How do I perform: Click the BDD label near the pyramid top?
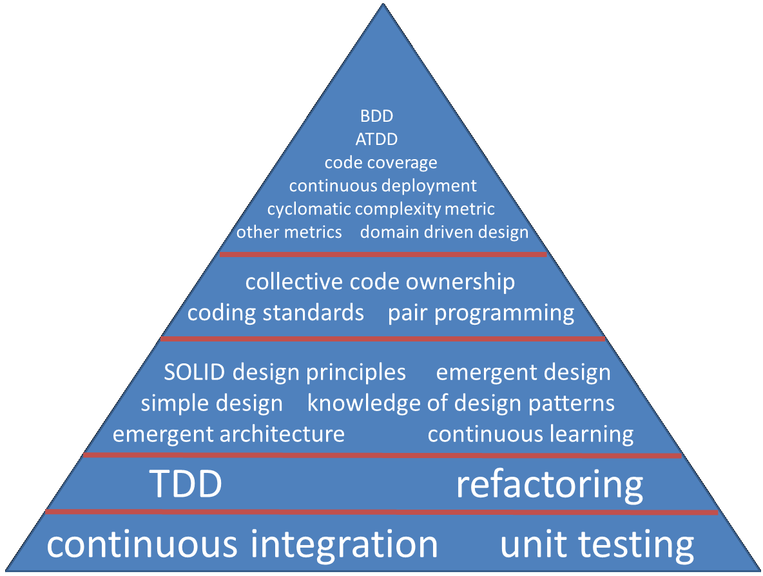[x=376, y=117]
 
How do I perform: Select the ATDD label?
[x=376, y=139]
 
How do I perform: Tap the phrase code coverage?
[x=381, y=163]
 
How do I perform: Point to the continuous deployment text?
[x=383, y=186]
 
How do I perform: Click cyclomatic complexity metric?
[x=381, y=209]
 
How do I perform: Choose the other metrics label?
[x=289, y=232]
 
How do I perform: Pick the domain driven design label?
[x=444, y=232]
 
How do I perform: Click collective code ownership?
[x=380, y=282]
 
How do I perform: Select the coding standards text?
[x=276, y=313]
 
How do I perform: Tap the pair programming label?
[x=481, y=313]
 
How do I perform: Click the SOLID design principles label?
[x=285, y=372]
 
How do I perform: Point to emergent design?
[x=523, y=372]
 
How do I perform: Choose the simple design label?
[x=211, y=404]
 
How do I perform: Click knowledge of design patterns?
[x=461, y=404]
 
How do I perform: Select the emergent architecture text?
[x=229, y=434]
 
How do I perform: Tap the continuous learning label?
[x=530, y=434]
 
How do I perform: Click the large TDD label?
[x=186, y=485]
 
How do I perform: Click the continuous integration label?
[x=242, y=544]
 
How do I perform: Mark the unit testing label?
[x=597, y=544]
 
